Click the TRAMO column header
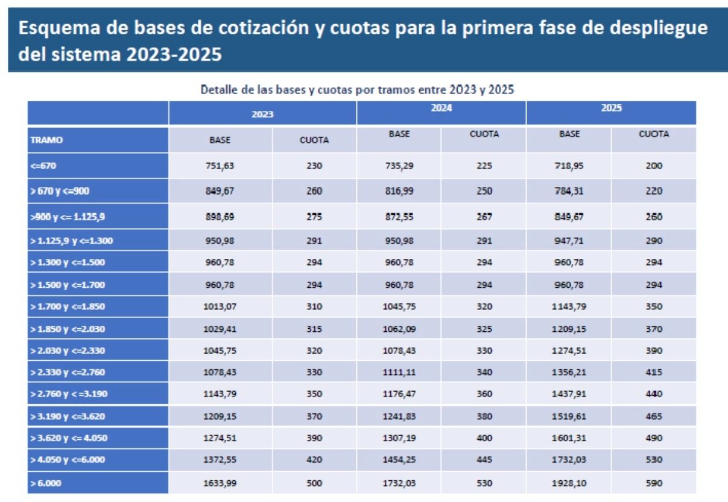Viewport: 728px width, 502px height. point(46,140)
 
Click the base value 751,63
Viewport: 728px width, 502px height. point(220,166)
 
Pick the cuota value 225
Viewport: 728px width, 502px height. point(484,166)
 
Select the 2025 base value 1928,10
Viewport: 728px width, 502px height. point(569,483)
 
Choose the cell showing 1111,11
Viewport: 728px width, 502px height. point(399,372)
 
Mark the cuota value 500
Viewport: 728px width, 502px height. point(314,483)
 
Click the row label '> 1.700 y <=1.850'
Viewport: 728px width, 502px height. point(67,307)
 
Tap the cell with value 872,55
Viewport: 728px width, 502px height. point(399,216)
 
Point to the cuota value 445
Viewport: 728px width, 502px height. point(484,460)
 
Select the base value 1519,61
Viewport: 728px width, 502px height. point(569,416)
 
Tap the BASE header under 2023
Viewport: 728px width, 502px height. point(220,140)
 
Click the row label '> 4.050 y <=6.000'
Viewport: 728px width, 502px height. point(67,460)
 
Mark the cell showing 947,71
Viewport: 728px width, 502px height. point(569,241)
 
